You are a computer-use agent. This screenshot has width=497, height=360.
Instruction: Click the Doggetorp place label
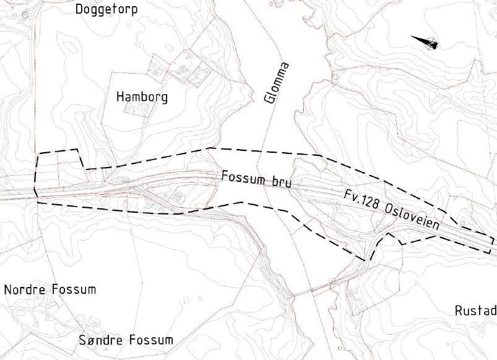[106, 9]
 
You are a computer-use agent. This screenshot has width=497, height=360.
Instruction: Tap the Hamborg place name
[142, 97]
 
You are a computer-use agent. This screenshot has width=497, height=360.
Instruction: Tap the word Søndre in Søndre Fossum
[101, 340]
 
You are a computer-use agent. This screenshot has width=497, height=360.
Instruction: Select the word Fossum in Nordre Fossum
[74, 289]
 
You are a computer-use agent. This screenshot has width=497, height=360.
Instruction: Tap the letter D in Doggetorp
[79, 9]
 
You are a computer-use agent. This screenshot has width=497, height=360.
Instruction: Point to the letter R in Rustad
[458, 310]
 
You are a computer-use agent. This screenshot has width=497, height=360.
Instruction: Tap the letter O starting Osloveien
[390, 210]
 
